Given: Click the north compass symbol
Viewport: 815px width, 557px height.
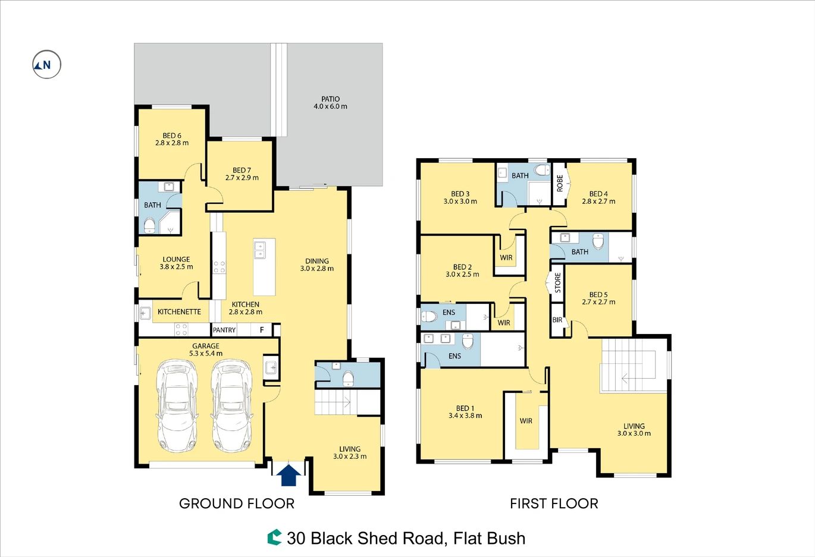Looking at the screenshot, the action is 46,64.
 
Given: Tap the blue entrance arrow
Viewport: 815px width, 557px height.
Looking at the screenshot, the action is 289,475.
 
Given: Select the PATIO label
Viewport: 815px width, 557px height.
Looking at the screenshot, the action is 330,99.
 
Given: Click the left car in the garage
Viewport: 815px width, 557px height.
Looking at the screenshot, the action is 177,406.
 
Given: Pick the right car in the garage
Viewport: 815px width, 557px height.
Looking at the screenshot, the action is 231,406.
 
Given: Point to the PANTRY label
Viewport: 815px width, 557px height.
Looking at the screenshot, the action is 224,330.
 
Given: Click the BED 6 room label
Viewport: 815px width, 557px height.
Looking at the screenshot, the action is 172,136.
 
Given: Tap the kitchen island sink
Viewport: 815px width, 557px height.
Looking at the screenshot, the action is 259,249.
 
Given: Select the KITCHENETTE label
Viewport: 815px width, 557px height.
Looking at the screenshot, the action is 180,312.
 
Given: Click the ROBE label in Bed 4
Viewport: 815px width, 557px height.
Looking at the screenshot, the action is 560,183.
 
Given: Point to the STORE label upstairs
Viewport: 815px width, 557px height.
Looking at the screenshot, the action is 558,283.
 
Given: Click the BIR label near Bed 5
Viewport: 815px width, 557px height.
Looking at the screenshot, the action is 557,320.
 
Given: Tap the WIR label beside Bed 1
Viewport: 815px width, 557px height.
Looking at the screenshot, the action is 526,421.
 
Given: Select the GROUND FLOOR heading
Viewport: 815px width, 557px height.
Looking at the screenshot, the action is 237,503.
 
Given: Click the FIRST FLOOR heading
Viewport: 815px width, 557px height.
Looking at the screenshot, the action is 554,503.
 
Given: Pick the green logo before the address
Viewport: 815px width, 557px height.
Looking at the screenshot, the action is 275,537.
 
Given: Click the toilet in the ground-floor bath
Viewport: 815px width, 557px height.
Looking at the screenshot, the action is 149,225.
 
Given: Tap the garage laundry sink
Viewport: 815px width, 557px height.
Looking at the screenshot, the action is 271,367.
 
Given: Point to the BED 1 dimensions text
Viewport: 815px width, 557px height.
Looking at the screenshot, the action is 465,416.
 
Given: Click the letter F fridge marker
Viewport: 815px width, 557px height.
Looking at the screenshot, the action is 262,330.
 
